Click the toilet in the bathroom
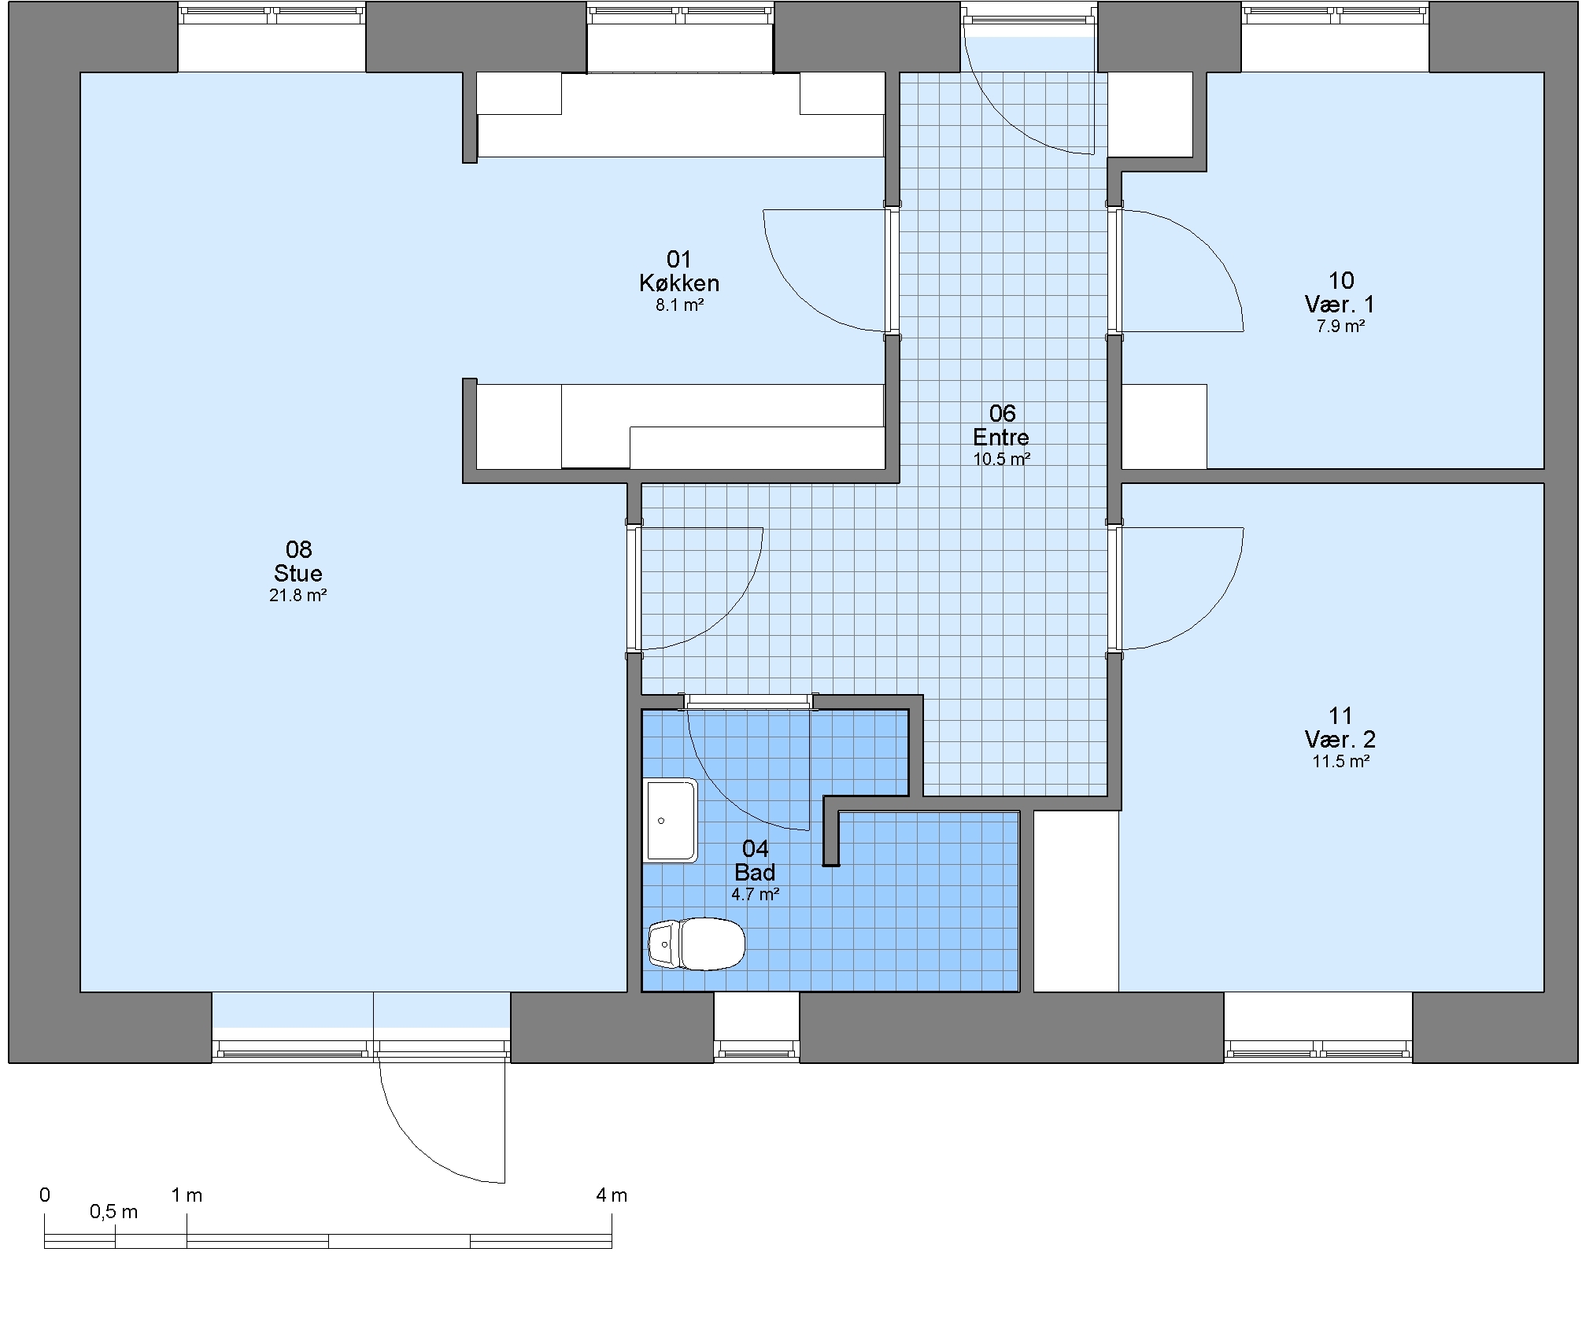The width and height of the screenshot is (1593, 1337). pos(697,944)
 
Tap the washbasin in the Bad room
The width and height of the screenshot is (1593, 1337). pos(671,820)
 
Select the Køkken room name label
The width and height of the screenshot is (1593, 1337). pos(679,283)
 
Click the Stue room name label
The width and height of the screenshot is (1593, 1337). pos(298,573)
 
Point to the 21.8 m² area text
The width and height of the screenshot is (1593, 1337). pos(298,596)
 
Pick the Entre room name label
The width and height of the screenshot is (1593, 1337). pos(1001,437)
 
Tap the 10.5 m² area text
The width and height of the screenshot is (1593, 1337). pos(1001,460)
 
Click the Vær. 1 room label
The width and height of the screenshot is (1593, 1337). pos(1340,304)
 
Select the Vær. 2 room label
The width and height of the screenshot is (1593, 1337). pos(1340,739)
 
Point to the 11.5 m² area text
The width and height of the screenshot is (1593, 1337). pos(1340,762)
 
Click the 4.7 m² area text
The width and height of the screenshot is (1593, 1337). pos(756,895)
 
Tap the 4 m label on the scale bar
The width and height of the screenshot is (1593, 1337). pos(612,1195)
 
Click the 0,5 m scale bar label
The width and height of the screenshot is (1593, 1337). pos(114,1212)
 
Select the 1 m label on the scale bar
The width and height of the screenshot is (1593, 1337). pos(187,1195)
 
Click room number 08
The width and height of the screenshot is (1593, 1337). pos(298,549)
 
